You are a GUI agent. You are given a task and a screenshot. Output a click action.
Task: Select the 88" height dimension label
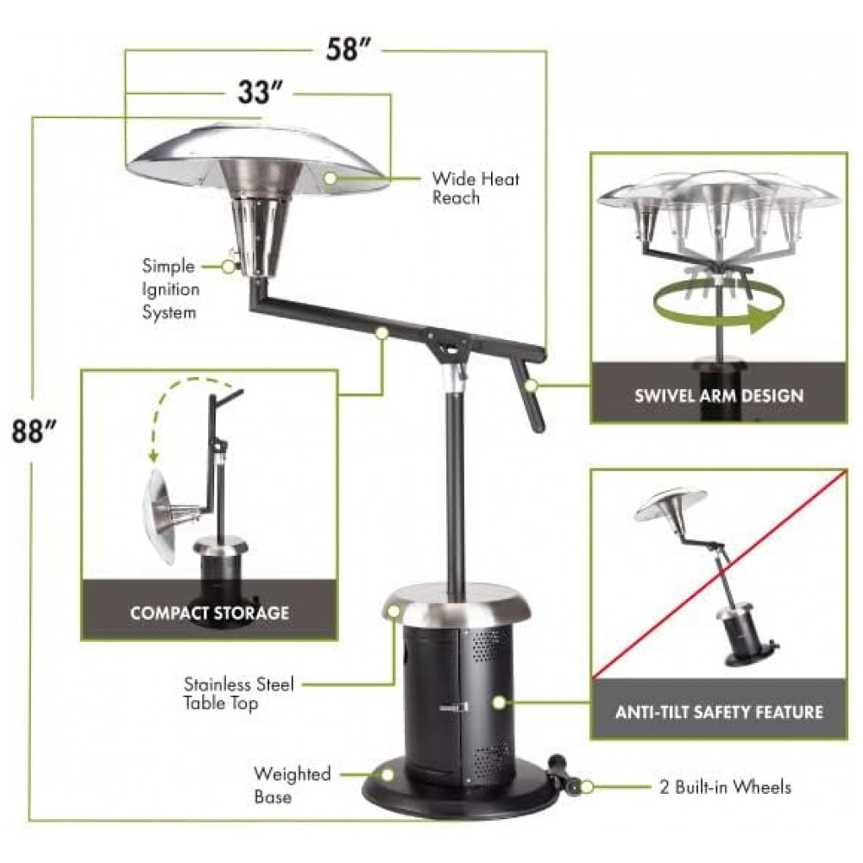coord(34,431)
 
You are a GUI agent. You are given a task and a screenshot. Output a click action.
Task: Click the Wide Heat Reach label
coord(476,187)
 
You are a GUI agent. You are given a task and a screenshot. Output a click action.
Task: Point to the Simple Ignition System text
coord(171,289)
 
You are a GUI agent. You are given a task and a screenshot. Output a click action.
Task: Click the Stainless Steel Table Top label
coord(239,693)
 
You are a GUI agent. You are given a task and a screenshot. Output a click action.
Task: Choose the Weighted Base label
coord(292,784)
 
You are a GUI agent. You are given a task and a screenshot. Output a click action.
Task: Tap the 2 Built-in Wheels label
coord(726,787)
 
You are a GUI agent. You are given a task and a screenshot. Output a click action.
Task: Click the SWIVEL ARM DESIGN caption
coord(719,396)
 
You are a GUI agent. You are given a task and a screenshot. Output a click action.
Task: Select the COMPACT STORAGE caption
coord(210,613)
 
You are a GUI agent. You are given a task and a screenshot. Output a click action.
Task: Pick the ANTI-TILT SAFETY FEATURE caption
coord(720,712)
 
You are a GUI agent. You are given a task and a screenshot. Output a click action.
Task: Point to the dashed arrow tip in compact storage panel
coord(154,457)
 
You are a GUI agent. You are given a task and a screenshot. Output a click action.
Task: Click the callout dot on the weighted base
coord(388,776)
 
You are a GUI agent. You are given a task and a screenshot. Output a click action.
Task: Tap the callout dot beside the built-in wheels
coord(587,787)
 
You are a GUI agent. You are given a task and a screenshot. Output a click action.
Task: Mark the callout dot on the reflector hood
coord(331,179)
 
